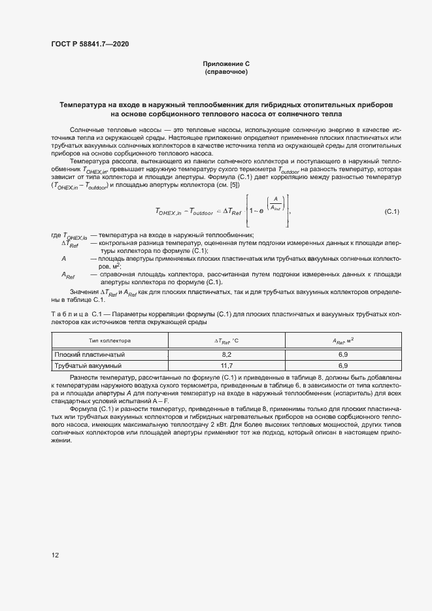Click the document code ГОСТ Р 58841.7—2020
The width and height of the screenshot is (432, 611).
[x=90, y=44]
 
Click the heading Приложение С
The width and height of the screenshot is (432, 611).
[x=226, y=63]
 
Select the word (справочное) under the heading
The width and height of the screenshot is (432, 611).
[x=226, y=71]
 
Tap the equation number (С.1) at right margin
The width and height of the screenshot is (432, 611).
[x=391, y=211]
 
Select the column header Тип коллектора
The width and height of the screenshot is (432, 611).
[x=110, y=340]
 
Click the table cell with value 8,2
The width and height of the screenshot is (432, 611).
[x=227, y=354]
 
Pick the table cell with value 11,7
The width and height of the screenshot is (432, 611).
[x=227, y=365]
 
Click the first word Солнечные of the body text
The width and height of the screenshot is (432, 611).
[x=86, y=131]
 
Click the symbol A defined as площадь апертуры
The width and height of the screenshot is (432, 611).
[x=64, y=259]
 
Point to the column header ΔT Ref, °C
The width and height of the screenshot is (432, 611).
[x=227, y=340]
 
